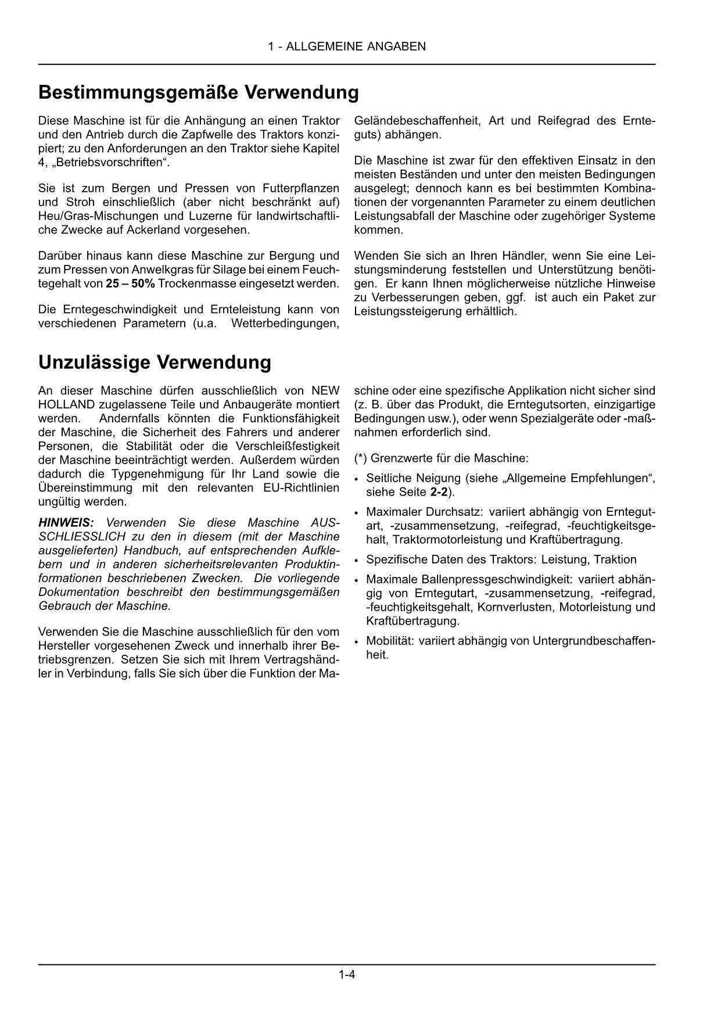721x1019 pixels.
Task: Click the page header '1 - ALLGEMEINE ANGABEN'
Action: coord(347,46)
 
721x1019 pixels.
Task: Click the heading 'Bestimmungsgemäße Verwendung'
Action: coord(198,92)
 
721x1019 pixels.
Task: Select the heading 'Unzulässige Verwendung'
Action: coord(155,362)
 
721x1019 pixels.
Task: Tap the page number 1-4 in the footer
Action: coord(347,974)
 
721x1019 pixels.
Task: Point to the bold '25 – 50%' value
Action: coord(130,284)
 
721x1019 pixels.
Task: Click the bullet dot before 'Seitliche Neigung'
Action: coord(356,480)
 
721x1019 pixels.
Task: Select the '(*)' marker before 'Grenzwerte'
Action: coord(361,458)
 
